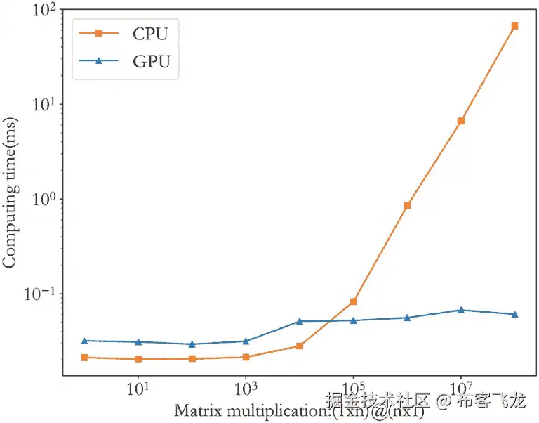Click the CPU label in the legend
point(151,32)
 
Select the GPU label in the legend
point(151,62)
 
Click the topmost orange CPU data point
point(514,26)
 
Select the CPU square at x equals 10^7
point(461,121)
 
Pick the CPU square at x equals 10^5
point(354,301)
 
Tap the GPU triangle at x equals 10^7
point(461,310)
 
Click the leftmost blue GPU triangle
point(84,341)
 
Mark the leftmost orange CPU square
point(84,358)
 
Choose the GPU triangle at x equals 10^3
point(246,341)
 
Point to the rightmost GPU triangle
point(514,314)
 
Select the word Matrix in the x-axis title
point(195,410)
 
